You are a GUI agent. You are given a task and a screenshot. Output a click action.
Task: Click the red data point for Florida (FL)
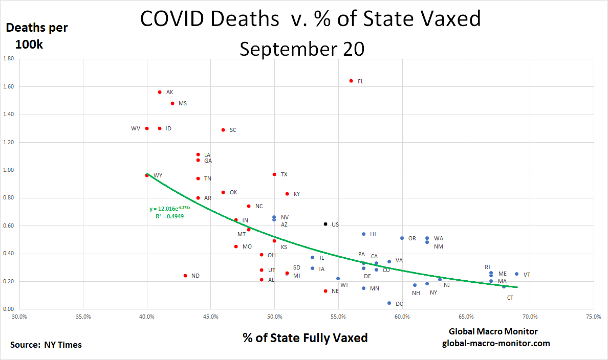(x=351, y=81)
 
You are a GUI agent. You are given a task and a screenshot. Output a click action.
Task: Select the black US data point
(x=325, y=224)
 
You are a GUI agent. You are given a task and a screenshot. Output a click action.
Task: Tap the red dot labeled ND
(x=185, y=276)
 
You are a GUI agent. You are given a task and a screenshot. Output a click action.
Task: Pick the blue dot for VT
(x=516, y=274)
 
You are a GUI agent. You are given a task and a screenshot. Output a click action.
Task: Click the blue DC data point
(x=389, y=303)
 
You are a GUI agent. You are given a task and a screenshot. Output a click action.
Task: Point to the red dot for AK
(x=160, y=92)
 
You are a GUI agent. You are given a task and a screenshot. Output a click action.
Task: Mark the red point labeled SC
(x=223, y=130)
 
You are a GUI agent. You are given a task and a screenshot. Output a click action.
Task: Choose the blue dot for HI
(x=364, y=234)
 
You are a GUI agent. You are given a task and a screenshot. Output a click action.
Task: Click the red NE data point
(x=325, y=291)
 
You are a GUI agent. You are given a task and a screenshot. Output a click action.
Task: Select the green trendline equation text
(x=170, y=209)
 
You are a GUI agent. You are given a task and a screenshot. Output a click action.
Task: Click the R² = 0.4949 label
(x=169, y=216)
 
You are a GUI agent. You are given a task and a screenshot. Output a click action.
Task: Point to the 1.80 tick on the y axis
(x=9, y=59)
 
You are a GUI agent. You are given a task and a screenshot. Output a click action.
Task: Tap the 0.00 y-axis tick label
(x=9, y=309)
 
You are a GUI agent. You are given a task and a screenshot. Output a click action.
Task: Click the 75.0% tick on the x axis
(x=593, y=317)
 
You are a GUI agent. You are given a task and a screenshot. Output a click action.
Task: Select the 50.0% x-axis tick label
(x=274, y=317)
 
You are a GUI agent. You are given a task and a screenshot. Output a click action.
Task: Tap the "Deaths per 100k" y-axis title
(x=37, y=36)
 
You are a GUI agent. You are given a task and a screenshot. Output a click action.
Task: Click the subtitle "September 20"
(x=302, y=49)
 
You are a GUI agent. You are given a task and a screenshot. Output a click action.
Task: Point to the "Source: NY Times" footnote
(x=46, y=345)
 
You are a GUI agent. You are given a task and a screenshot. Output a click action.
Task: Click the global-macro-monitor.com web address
(x=496, y=343)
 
